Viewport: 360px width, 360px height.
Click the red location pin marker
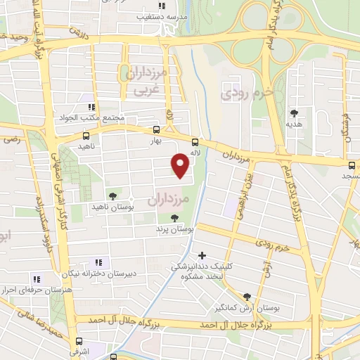coord(180,165)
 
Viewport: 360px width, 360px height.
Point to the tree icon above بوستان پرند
coord(174,217)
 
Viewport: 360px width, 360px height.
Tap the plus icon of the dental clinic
coord(202,255)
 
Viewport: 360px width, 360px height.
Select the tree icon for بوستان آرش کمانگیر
coord(246,297)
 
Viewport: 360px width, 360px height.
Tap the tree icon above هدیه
coord(294,112)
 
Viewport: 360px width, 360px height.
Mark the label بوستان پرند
coord(174,229)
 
